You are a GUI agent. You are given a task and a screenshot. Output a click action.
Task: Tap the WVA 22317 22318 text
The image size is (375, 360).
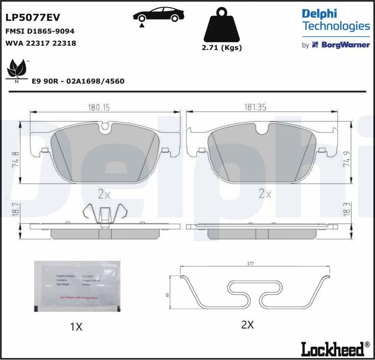coord(40,43)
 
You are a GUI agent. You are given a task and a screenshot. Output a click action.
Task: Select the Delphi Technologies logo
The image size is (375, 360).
coord(335,20)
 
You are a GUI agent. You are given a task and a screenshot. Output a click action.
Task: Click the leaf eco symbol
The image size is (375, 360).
coord(17,70)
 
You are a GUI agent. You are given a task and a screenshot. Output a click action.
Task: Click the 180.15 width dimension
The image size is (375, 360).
coord(100,107)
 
